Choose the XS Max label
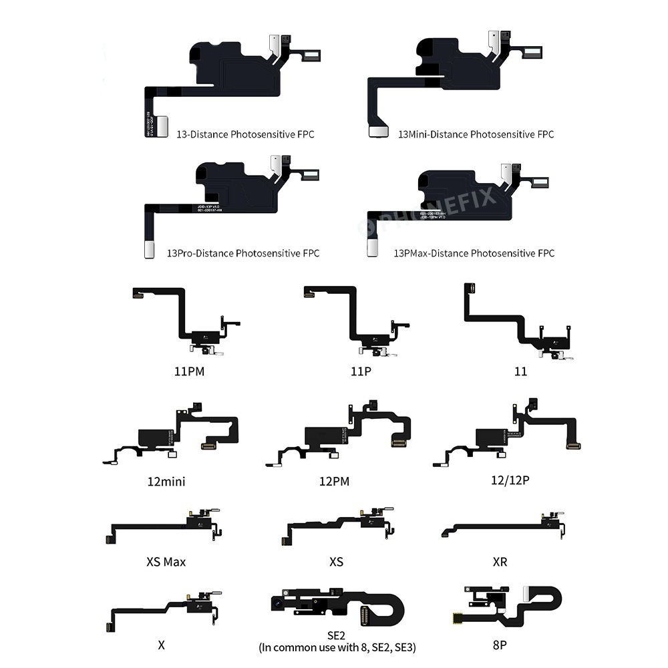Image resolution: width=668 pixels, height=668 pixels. tap(166, 562)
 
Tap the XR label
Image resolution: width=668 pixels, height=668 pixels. tap(500, 562)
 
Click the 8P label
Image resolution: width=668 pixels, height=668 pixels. tap(500, 645)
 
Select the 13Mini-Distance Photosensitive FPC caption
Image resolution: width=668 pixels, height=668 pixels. tap(476, 134)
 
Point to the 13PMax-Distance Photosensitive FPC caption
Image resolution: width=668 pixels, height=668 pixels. tap(474, 253)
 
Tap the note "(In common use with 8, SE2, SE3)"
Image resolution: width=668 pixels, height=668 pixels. tap(335, 648)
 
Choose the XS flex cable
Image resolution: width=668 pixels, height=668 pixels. tap(334, 524)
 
